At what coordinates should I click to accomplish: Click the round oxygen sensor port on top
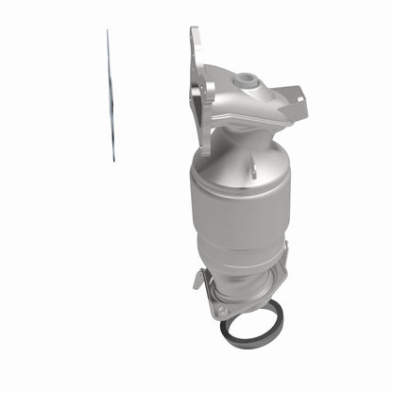coord(248,79)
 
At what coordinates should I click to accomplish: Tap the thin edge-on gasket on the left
coord(110,94)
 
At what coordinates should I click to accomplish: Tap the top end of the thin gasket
coord(107,32)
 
